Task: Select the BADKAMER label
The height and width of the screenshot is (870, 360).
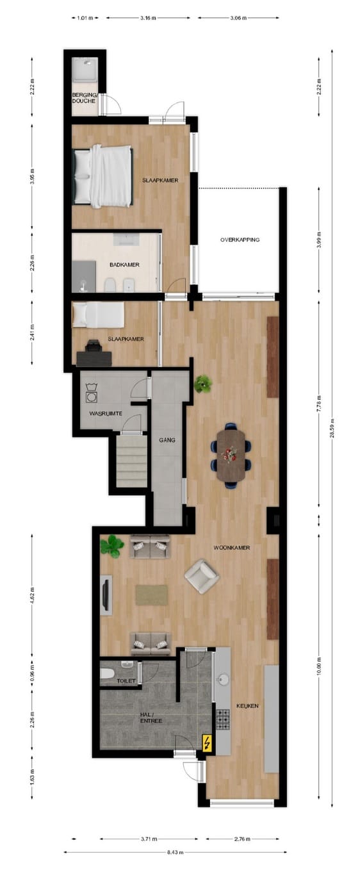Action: (x=124, y=264)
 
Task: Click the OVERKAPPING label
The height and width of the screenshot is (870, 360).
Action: (x=240, y=240)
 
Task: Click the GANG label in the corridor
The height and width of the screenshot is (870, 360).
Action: (x=167, y=440)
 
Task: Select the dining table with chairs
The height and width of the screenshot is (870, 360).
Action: (x=231, y=454)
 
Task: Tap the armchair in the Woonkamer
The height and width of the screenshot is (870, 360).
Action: (x=202, y=575)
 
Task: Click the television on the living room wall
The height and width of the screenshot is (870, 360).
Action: (x=106, y=595)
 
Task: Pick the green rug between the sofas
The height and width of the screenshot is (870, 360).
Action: (x=151, y=595)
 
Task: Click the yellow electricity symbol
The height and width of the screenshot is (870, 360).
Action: (x=208, y=743)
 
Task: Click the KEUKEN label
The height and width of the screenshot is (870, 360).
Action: (x=247, y=705)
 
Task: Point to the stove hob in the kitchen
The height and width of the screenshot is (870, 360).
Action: (x=222, y=721)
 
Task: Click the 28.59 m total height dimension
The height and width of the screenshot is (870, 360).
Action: (x=332, y=435)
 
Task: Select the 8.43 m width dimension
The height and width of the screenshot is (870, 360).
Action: (x=176, y=851)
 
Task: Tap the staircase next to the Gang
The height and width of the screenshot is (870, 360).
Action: (x=131, y=461)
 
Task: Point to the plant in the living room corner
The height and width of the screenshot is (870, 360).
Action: (x=111, y=546)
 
